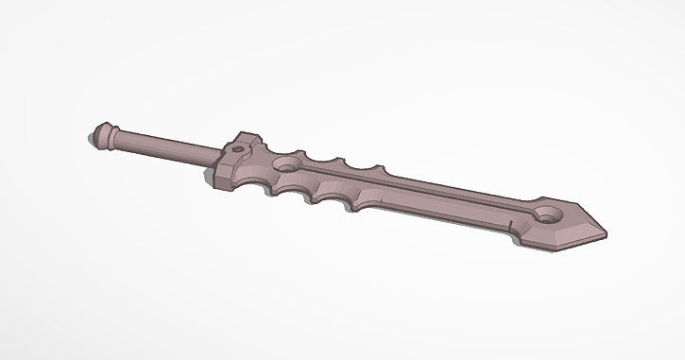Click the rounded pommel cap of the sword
(98, 135)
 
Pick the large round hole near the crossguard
(287, 166)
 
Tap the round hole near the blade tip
(548, 211)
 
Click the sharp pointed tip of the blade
(606, 231)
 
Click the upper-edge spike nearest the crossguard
(302, 152)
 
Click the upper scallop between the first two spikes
(324, 161)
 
